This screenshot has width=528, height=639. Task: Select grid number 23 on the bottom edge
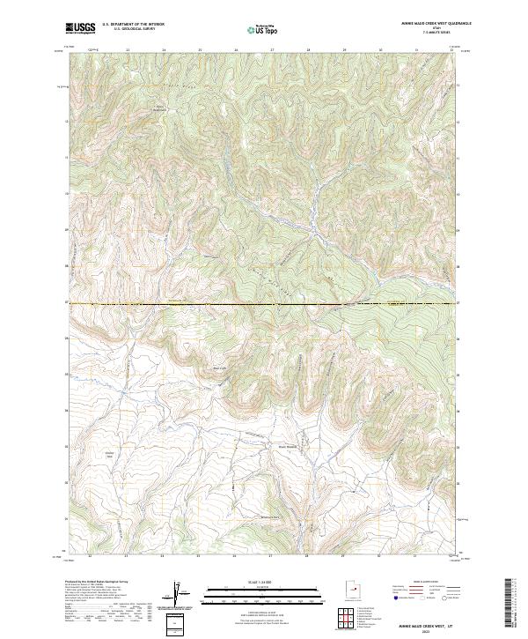coord(128,557)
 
